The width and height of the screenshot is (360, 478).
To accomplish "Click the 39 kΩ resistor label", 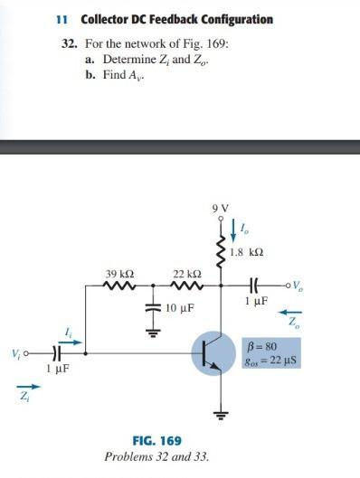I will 119,273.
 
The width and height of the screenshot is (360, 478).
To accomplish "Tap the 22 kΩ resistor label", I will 186,273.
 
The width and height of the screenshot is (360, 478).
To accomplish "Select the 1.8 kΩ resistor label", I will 247,253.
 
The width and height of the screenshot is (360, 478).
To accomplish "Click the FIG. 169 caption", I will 156,441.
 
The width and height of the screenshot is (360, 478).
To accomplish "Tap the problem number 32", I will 70,42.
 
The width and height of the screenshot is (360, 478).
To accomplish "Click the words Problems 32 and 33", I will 156,457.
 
